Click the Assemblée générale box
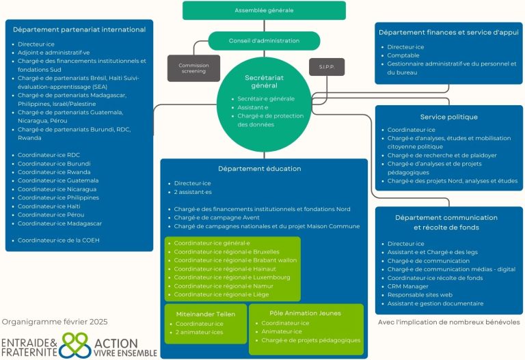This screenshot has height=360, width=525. point(264,11)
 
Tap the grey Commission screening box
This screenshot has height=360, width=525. point(193,68)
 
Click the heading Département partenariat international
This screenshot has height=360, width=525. point(79,29)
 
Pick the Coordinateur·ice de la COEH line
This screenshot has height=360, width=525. point(59,240)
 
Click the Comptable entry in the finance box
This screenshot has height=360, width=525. point(403,55)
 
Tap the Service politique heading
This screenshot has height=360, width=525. point(449,117)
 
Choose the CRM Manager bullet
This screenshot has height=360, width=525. point(409,286)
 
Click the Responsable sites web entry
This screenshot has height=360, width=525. point(419,294)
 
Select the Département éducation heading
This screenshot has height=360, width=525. point(260,169)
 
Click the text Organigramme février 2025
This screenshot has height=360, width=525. point(55,321)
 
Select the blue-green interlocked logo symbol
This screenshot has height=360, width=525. point(75,345)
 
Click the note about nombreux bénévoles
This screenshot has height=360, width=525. point(448,321)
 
